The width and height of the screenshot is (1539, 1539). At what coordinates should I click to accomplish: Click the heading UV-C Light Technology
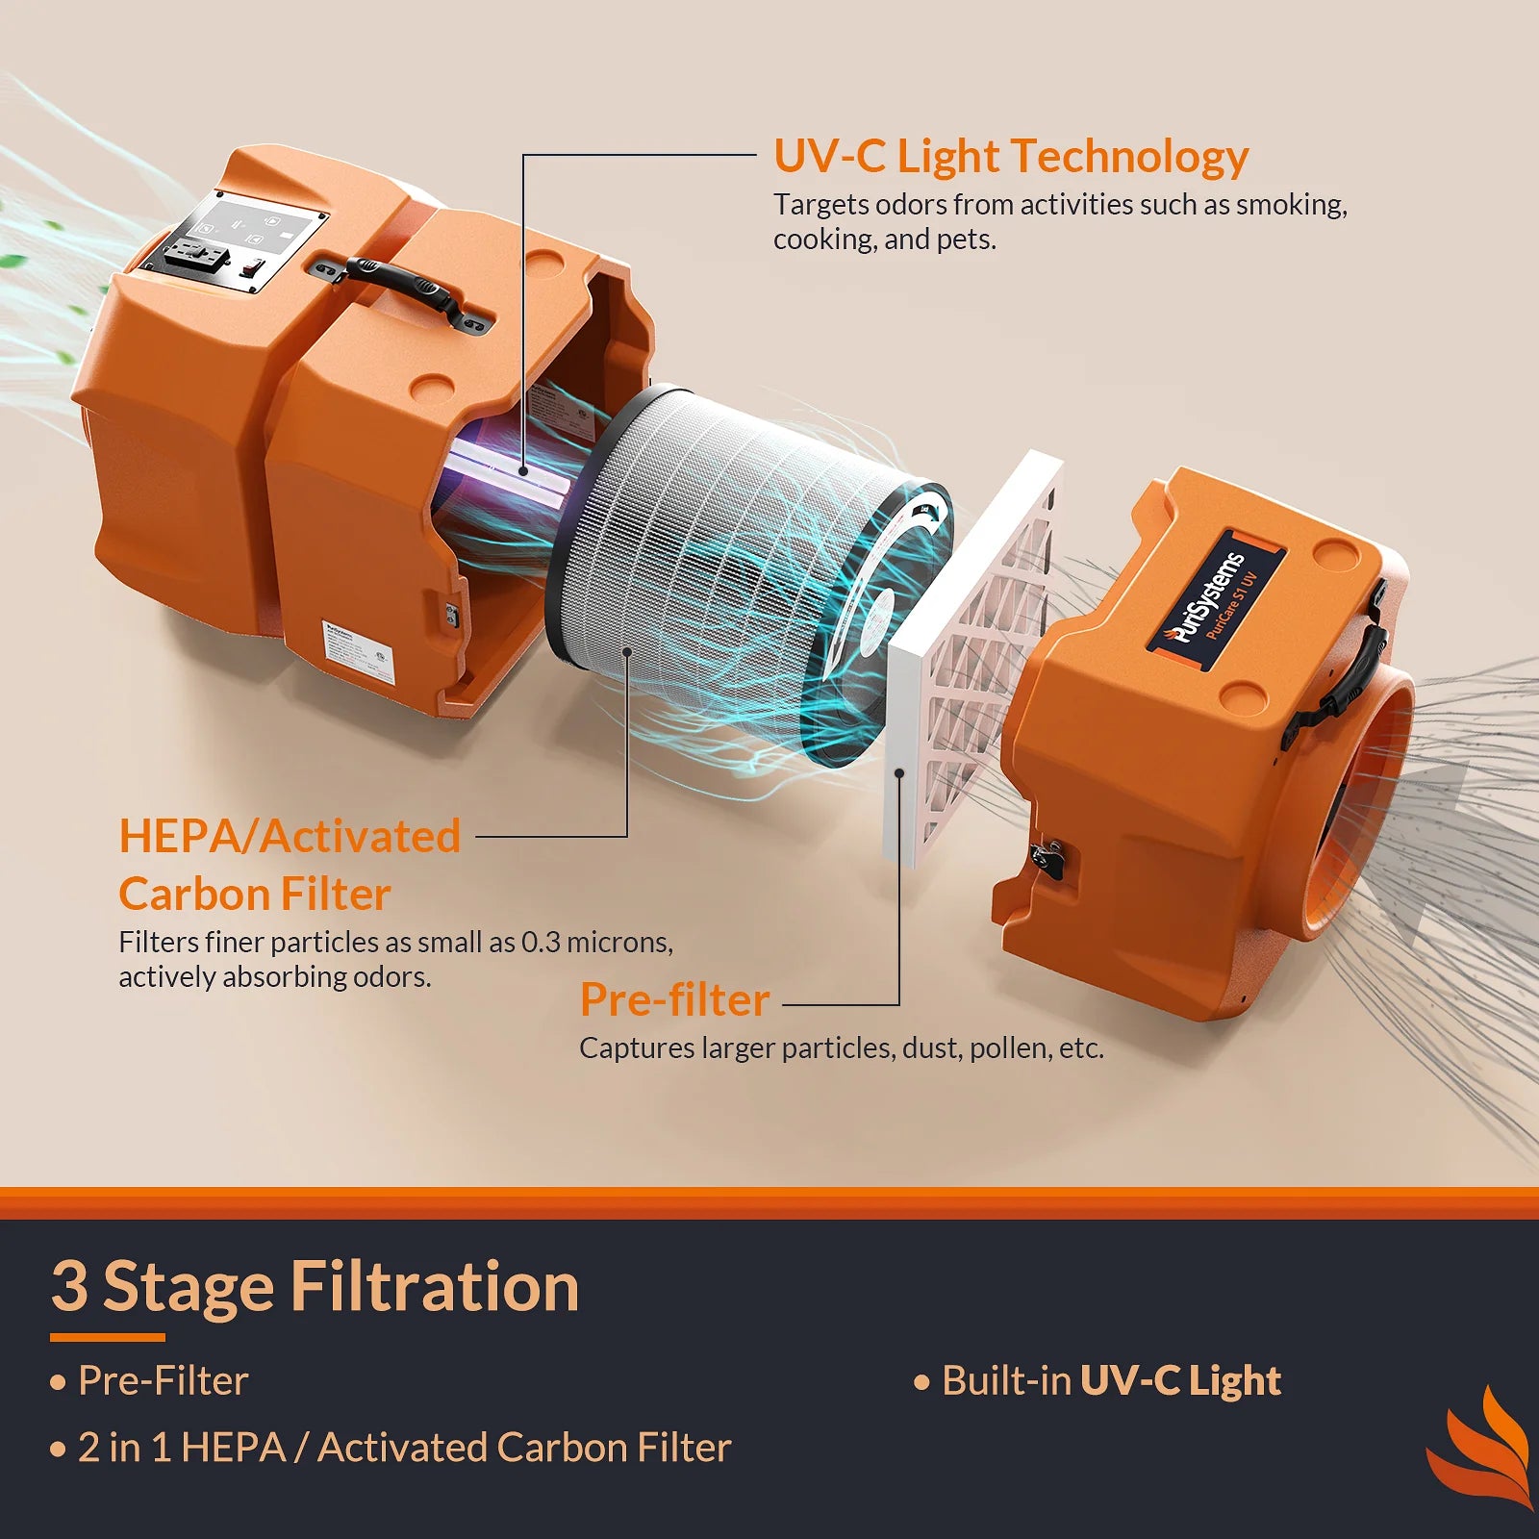tap(1010, 157)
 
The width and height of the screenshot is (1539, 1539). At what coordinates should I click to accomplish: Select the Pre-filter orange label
tap(674, 1000)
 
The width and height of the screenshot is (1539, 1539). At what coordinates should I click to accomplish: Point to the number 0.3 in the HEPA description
tap(541, 942)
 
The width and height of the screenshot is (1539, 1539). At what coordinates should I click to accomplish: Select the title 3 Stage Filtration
tap(315, 1287)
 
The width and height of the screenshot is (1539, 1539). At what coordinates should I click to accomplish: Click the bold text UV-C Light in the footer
tap(1180, 1380)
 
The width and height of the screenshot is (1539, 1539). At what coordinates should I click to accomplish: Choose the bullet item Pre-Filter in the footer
tap(163, 1381)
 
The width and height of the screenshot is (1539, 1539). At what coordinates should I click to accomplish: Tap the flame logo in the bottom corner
tap(1481, 1448)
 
